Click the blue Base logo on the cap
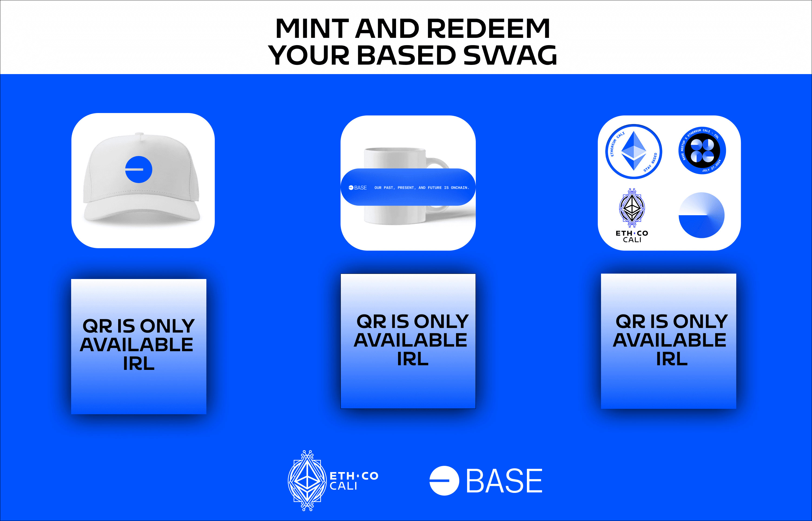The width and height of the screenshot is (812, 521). tap(138, 170)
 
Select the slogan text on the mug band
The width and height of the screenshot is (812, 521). tap(422, 188)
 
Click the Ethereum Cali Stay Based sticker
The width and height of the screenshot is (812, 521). tap(634, 151)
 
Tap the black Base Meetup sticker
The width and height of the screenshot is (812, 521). tap(702, 151)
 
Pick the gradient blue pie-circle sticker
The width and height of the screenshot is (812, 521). tap(702, 215)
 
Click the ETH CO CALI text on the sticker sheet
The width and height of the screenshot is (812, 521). tap(632, 237)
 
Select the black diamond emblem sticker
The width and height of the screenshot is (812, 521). tap(632, 208)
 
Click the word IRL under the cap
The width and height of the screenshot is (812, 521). tap(139, 364)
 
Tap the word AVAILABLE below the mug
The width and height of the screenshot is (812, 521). tap(411, 340)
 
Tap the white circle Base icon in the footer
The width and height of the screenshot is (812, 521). tap(444, 481)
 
